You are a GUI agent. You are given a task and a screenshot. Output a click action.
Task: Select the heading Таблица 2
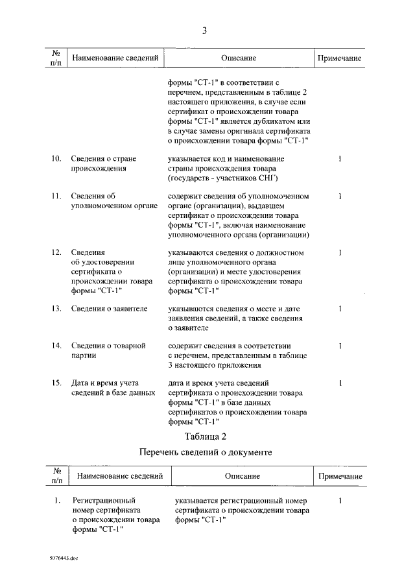click(x=205, y=435)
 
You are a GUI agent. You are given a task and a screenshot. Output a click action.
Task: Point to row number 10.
click(x=56, y=159)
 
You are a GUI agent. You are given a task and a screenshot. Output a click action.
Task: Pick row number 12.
click(x=56, y=252)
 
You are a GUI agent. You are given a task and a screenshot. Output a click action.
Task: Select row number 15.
click(x=56, y=383)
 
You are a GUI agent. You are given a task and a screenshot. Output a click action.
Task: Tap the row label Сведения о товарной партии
click(x=107, y=350)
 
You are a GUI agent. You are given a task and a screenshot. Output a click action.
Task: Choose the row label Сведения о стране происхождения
click(x=102, y=163)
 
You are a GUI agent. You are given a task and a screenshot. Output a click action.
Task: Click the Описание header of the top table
click(x=238, y=58)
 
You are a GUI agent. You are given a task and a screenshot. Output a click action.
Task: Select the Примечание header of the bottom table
click(x=339, y=476)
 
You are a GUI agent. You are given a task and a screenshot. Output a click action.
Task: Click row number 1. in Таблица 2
click(x=57, y=501)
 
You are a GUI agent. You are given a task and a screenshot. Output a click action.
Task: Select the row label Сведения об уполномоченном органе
click(x=114, y=200)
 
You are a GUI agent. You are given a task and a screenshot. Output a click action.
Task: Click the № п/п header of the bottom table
click(x=57, y=476)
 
